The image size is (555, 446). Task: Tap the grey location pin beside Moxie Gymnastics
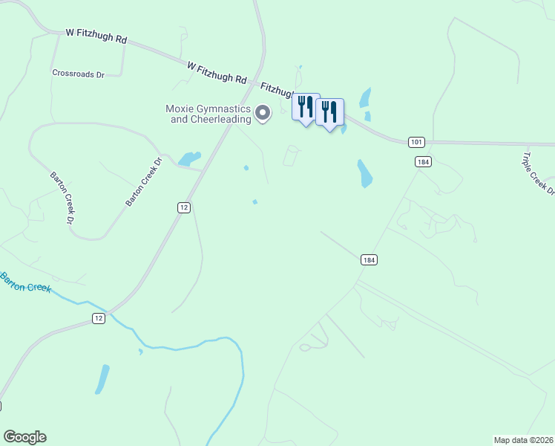pos(263,113)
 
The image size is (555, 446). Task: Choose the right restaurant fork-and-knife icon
pos(329,111)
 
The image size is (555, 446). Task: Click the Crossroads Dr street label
pos(78,74)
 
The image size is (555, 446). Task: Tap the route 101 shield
pos(416,141)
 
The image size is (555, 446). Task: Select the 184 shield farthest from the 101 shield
pos(370,259)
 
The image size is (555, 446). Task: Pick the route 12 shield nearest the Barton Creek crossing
pos(99,318)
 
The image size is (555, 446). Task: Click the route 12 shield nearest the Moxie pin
pos(183,207)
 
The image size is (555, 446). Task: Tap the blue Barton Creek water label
pos(25,282)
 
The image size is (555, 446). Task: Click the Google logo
pos(24,437)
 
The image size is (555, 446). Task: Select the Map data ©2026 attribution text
pos(523,439)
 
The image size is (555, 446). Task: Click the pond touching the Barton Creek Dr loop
pos(189,158)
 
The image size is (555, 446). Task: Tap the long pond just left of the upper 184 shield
pos(364,173)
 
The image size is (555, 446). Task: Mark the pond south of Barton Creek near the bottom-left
pos(102,379)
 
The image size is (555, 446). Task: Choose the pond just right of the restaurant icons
pos(364,98)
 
